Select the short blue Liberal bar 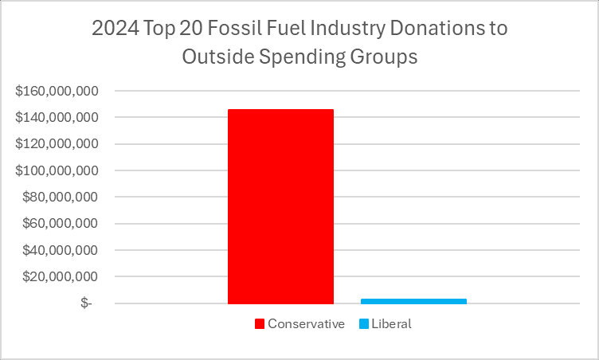[413, 301]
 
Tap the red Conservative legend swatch [259, 324]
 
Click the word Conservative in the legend [306, 324]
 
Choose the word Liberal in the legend [391, 324]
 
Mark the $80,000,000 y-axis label [61, 197]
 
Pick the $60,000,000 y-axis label [61, 224]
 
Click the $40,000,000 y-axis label [61, 250]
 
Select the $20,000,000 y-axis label [61, 276]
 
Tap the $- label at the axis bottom [85, 303]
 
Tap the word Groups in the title [389, 57]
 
